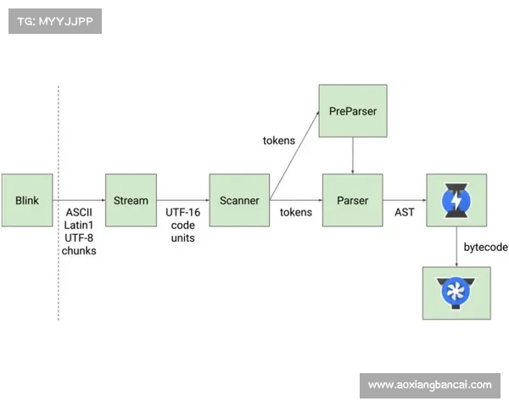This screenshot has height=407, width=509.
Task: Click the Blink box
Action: (27, 201)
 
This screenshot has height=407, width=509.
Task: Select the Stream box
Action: (131, 201)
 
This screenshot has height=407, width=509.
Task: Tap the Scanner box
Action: (239, 201)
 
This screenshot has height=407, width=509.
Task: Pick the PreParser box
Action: (352, 111)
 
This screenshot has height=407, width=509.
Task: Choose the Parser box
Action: (352, 201)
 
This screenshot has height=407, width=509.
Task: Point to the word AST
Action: (405, 211)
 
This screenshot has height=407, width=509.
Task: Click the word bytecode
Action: (486, 247)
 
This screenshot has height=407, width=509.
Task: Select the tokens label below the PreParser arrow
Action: (279, 140)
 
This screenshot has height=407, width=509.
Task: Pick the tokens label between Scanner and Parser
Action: (296, 211)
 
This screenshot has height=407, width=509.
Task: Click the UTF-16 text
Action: (182, 211)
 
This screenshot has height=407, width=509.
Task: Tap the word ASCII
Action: (79, 211)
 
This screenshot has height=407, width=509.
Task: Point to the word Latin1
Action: (79, 225)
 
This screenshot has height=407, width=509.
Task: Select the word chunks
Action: (79, 251)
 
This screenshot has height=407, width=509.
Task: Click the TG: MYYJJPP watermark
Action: (54, 21)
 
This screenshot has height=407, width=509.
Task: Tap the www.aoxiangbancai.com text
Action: (429, 385)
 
